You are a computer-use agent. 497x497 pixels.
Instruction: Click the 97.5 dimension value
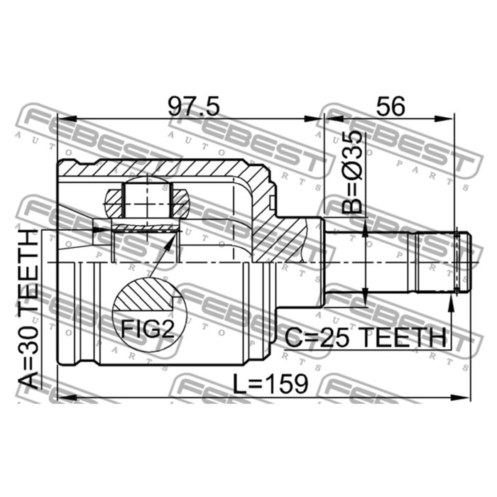point(193,106)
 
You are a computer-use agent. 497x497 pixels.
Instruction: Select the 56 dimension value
point(390,106)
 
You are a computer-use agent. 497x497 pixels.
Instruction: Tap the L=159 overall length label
point(271,383)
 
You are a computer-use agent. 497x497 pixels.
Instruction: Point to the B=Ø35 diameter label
point(352,171)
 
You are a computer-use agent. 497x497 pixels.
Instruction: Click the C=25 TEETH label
point(366,337)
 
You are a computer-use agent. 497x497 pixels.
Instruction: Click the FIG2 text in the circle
point(148,329)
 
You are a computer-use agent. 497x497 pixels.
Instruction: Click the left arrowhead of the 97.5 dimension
point(67,119)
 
